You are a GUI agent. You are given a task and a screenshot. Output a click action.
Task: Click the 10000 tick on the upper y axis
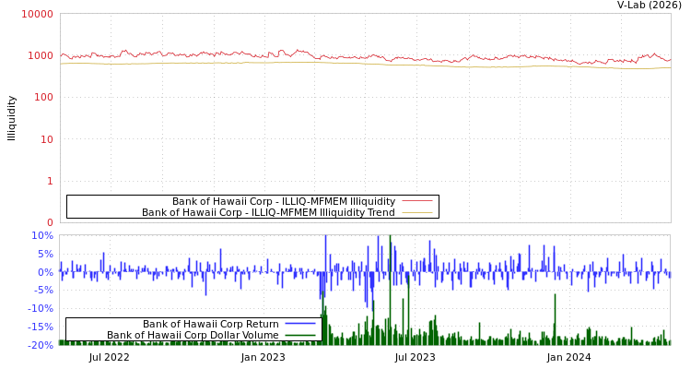pyautogui.click(x=38, y=14)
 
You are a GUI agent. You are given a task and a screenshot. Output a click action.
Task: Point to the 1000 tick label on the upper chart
pyautogui.click(x=41, y=55)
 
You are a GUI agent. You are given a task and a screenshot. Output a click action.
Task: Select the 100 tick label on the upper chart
pyautogui.click(x=43, y=97)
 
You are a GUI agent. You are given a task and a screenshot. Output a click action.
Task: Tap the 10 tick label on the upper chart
pyautogui.click(x=46, y=139)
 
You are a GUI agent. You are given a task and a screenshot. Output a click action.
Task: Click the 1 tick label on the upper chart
pyautogui.click(x=50, y=181)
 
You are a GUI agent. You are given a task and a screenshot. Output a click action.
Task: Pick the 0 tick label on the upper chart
pyautogui.click(x=50, y=222)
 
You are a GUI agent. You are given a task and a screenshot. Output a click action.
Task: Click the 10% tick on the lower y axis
pyautogui.click(x=43, y=235)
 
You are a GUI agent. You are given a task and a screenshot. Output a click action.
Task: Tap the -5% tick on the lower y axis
pyautogui.click(x=44, y=291)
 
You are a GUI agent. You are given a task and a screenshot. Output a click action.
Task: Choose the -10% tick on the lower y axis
pyautogui.click(x=41, y=308)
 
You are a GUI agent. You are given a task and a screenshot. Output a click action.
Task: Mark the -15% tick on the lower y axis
pyautogui.click(x=41, y=327)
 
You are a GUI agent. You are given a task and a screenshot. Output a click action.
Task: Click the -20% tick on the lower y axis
pyautogui.click(x=41, y=345)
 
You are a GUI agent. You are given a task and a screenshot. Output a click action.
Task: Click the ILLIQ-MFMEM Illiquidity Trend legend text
pyautogui.click(x=268, y=212)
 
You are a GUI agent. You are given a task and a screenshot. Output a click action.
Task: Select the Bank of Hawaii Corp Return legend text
pyautogui.click(x=211, y=324)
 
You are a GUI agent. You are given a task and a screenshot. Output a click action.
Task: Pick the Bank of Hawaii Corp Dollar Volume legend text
pyautogui.click(x=193, y=335)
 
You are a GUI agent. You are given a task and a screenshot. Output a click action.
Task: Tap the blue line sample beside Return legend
pyautogui.click(x=300, y=324)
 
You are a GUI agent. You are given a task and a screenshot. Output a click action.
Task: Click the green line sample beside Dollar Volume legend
pyautogui.click(x=300, y=335)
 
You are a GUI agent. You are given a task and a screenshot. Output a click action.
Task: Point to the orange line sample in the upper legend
pyautogui.click(x=416, y=212)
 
